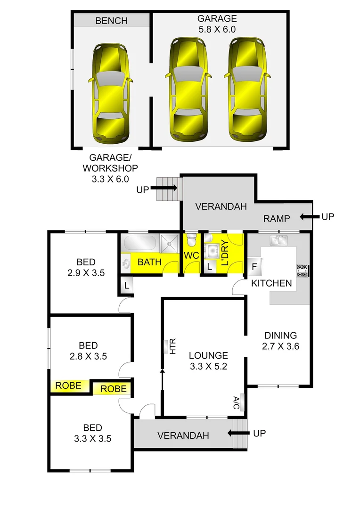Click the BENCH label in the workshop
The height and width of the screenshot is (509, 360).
(x=111, y=21)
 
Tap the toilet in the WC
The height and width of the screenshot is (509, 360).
(x=191, y=241)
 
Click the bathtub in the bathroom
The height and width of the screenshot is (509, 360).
(x=139, y=243)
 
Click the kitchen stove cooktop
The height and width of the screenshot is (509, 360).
(x=302, y=271)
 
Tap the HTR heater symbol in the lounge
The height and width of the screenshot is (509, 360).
(x=166, y=347)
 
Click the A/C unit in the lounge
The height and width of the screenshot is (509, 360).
(x=242, y=402)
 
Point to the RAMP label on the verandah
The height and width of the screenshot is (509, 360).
(x=276, y=218)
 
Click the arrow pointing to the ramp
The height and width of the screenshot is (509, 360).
(x=308, y=217)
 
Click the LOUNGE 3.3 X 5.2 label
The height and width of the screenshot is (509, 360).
(x=208, y=361)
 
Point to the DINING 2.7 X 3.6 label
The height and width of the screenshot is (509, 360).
(x=280, y=341)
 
